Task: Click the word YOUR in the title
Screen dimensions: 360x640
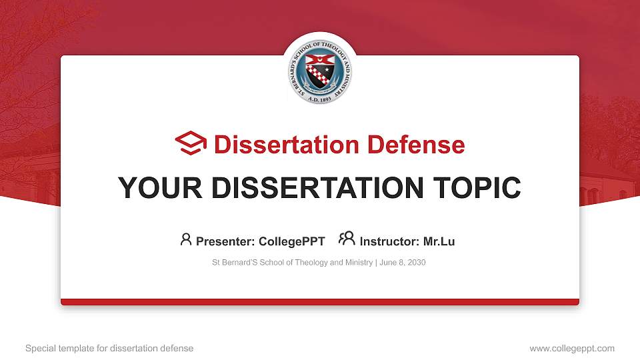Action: pos(155,188)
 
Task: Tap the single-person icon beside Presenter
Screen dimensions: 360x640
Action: pos(186,239)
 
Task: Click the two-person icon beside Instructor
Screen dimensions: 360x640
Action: pos(347,239)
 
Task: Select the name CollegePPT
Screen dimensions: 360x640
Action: pos(291,241)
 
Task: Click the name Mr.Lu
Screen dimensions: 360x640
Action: pos(439,241)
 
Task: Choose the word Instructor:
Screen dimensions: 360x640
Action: pos(389,241)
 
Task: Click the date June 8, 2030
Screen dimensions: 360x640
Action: pos(403,263)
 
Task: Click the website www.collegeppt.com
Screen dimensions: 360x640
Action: pos(571,348)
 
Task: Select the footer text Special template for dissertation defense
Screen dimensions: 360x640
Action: pos(109,348)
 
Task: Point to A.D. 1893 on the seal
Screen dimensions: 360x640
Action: pos(320,98)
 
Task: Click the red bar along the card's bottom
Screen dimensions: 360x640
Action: pos(320,302)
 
